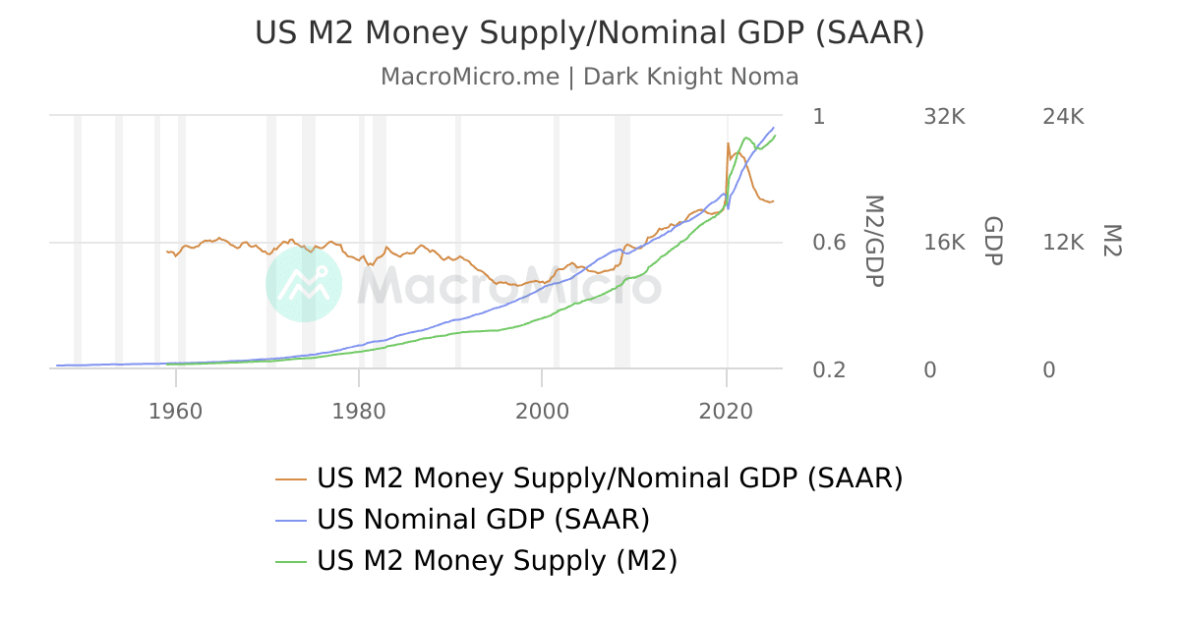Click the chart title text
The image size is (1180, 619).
(x=589, y=32)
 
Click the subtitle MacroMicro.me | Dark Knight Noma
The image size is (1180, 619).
(x=589, y=77)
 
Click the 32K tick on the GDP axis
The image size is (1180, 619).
(x=944, y=117)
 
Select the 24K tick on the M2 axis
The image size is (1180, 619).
(x=1062, y=117)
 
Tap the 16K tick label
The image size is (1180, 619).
(x=944, y=243)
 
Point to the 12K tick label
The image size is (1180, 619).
(x=1062, y=243)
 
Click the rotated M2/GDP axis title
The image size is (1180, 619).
(x=873, y=241)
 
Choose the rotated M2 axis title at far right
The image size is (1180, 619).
(x=1110, y=241)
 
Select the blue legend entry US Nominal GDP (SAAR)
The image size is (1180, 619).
(x=482, y=519)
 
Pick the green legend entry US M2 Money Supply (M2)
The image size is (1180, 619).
(x=497, y=560)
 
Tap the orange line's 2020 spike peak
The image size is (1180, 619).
(x=728, y=143)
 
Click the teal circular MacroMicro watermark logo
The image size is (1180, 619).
(x=304, y=283)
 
